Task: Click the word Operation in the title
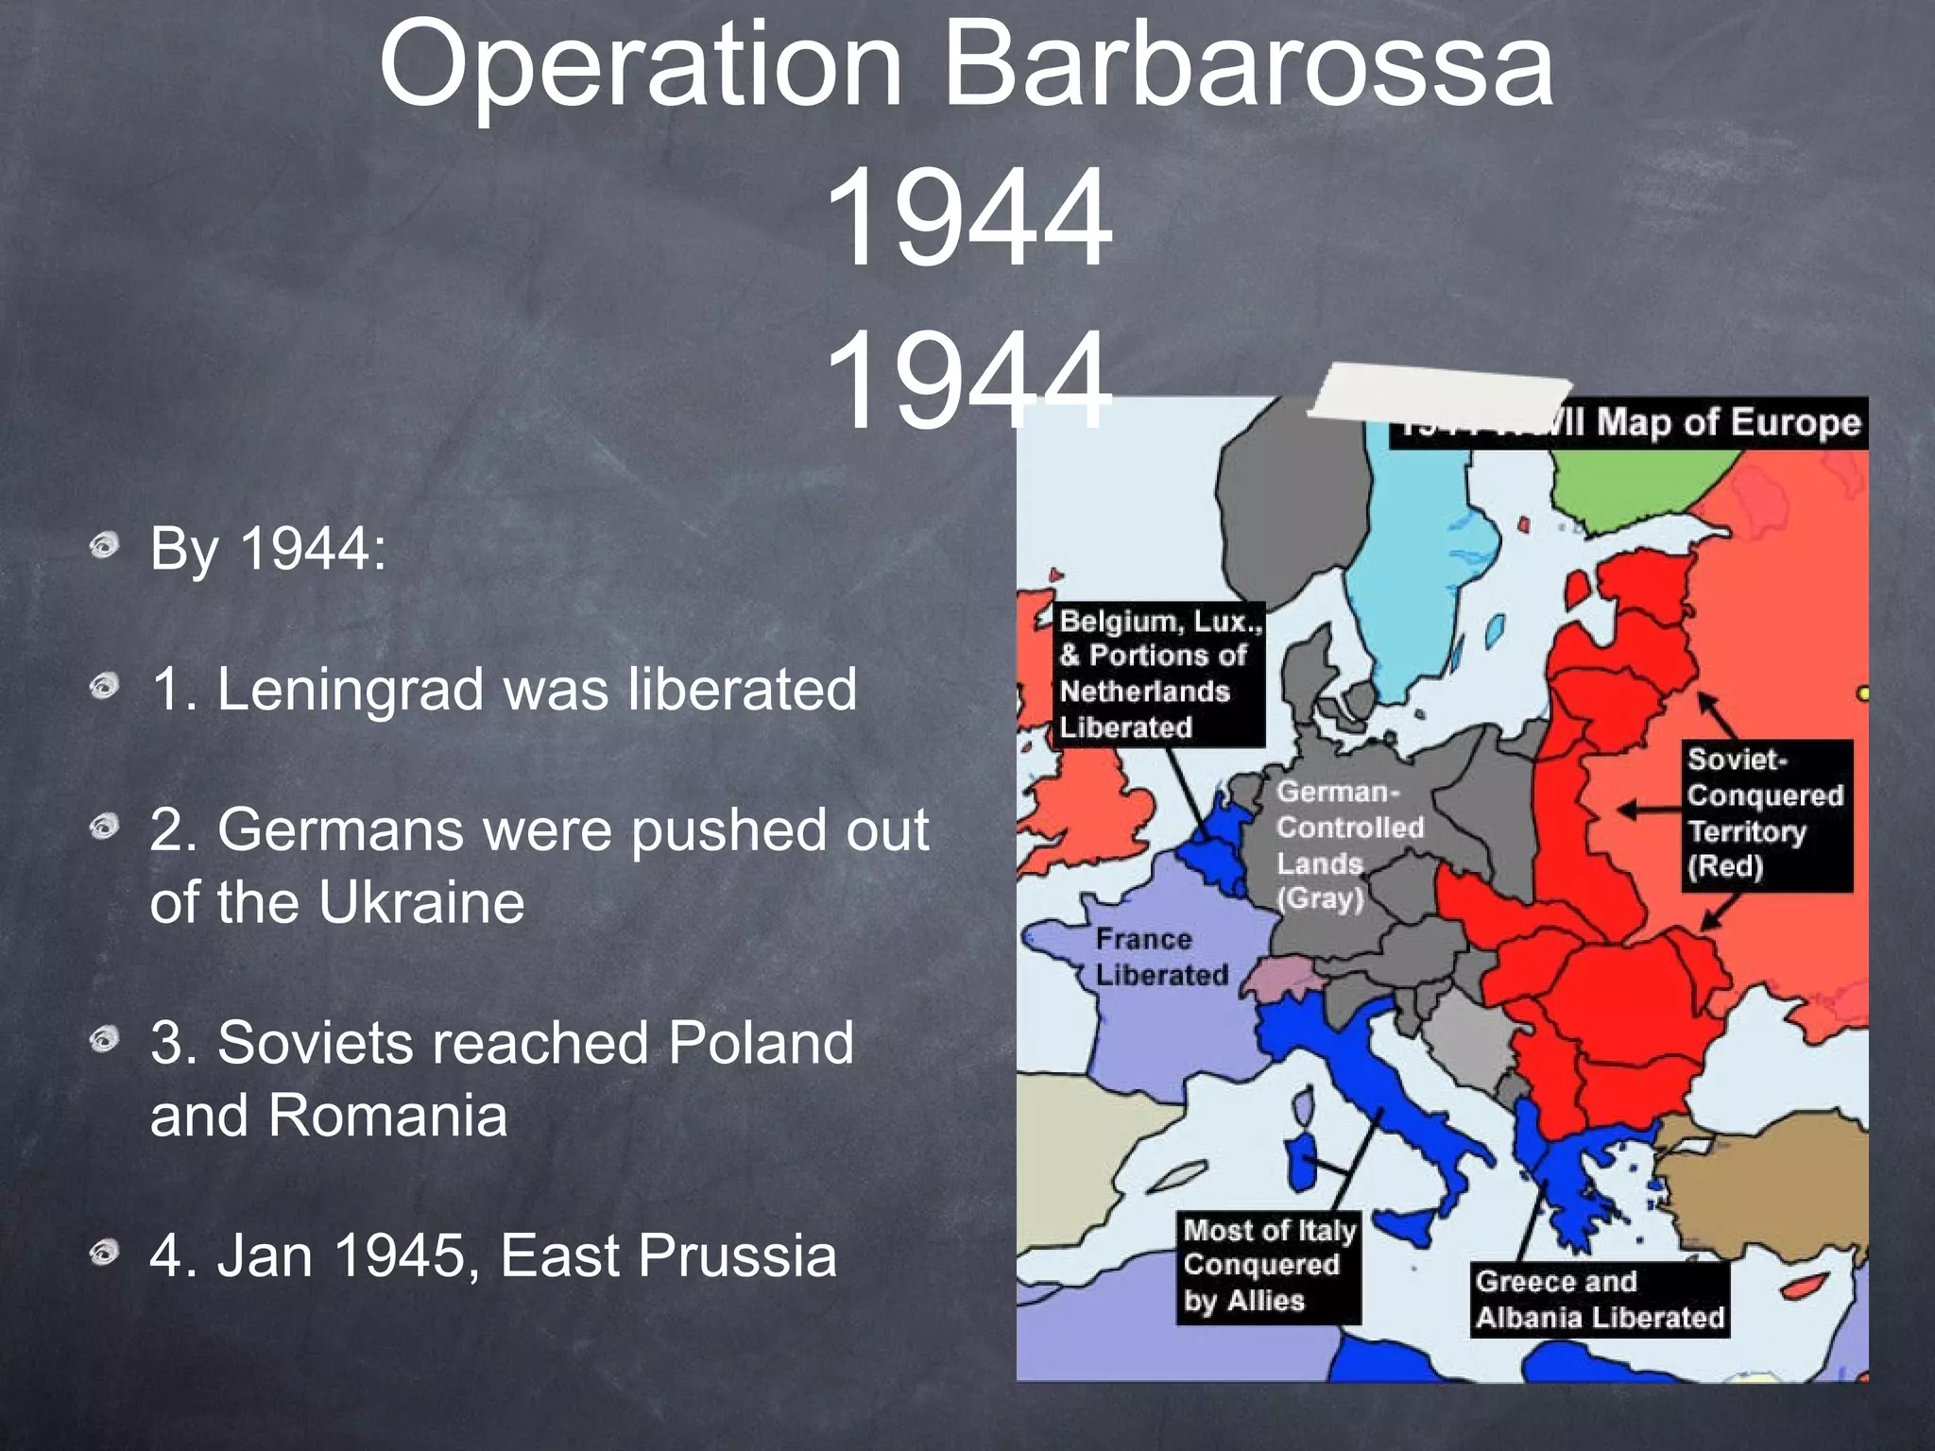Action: pos(641,66)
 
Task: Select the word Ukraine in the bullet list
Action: pos(421,902)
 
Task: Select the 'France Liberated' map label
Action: pos(1160,957)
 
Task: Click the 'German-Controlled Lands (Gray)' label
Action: pos(1348,845)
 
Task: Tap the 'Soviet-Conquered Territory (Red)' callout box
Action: pos(1765,814)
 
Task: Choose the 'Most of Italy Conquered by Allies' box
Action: pos(1268,1266)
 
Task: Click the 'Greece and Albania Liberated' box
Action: pos(1599,1299)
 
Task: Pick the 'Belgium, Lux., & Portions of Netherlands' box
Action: pos(1159,674)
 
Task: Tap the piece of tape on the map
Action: pos(1436,397)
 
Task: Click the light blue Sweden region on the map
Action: pos(1417,548)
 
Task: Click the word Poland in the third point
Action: pos(761,1043)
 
